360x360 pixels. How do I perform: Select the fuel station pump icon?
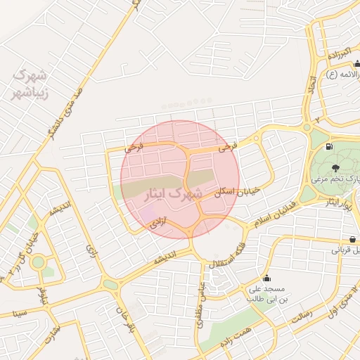(329, 147)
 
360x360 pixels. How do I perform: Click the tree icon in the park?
(335, 167)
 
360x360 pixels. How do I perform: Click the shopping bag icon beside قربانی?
(352, 239)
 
